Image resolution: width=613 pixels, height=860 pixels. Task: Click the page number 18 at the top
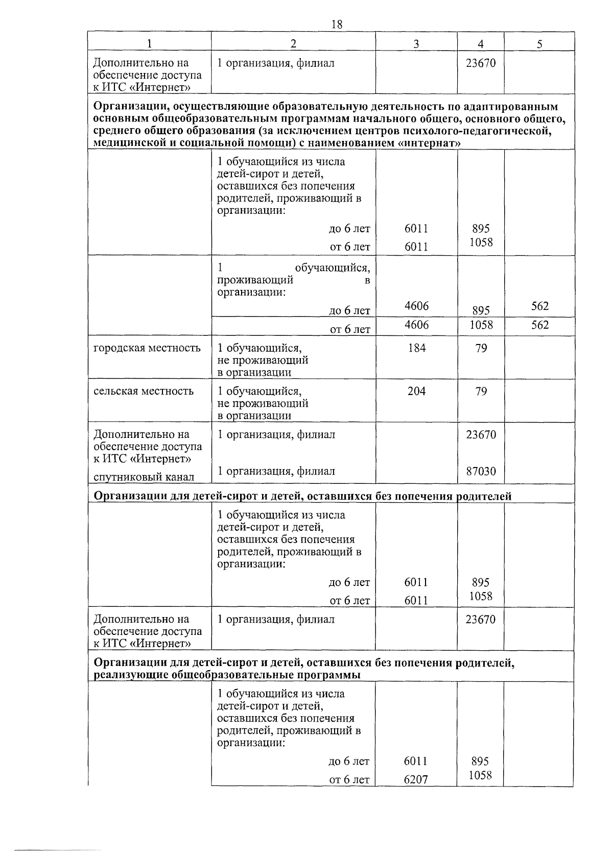336,24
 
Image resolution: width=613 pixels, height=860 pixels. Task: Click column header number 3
416,44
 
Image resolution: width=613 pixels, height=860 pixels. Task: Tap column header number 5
539,44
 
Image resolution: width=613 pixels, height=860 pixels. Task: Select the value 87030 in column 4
481,471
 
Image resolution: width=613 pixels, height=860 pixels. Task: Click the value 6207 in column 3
415,779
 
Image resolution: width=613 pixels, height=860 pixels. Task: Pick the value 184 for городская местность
416,348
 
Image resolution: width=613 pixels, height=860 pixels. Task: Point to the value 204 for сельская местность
416,391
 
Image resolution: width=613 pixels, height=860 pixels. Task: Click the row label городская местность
147,348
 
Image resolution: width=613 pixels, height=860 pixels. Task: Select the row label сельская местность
144,391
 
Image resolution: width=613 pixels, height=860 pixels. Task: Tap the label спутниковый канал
144,477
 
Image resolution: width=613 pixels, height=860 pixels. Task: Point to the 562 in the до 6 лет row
539,306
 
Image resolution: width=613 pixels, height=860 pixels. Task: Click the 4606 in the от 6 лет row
416,325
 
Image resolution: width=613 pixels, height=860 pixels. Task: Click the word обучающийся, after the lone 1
332,267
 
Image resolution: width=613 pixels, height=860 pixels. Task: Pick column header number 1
149,44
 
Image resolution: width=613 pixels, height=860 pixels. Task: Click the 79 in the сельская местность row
481,391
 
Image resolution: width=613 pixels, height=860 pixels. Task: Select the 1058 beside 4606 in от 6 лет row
481,325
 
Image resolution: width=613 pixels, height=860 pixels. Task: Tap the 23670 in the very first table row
481,63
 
